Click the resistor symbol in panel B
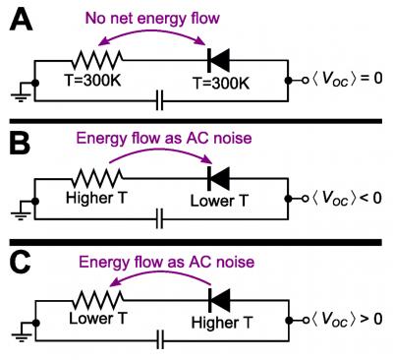click(x=95, y=177)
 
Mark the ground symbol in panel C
click(x=17, y=333)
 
